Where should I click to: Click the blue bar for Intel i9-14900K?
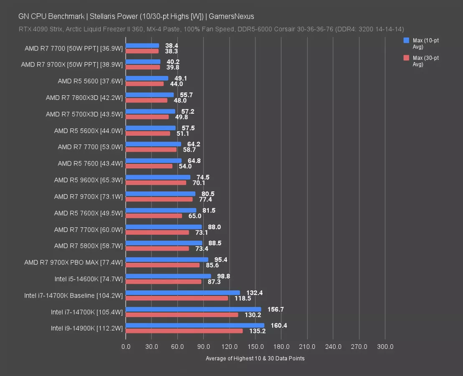pos(195,325)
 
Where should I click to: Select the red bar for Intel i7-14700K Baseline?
pos(177,298)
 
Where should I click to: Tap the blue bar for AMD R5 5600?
pos(147,78)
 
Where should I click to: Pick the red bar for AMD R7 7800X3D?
pos(146,100)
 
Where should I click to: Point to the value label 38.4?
pos(172,46)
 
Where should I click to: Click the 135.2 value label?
pos(258,331)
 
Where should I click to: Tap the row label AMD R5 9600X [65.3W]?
pos(88,180)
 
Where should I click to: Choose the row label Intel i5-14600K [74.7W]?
pos(89,279)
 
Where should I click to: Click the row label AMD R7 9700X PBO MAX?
pos(73,262)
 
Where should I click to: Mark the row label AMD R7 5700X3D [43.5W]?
pos(84,114)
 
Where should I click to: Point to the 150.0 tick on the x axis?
pos(255,347)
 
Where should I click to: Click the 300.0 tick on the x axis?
pos(385,347)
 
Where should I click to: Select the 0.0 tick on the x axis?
pos(126,347)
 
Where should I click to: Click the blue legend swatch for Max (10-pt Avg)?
pos(406,41)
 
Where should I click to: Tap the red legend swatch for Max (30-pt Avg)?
pos(406,58)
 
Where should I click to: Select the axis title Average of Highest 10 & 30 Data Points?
pos(255,358)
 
